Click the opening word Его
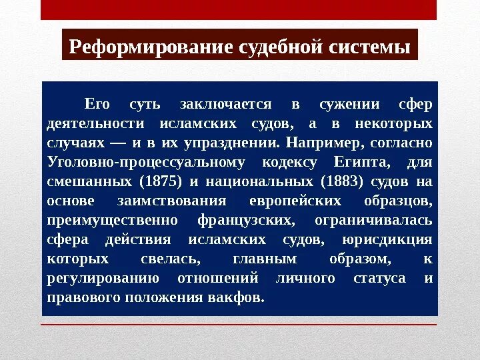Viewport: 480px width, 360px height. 96,105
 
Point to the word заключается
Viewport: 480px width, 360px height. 225,105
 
